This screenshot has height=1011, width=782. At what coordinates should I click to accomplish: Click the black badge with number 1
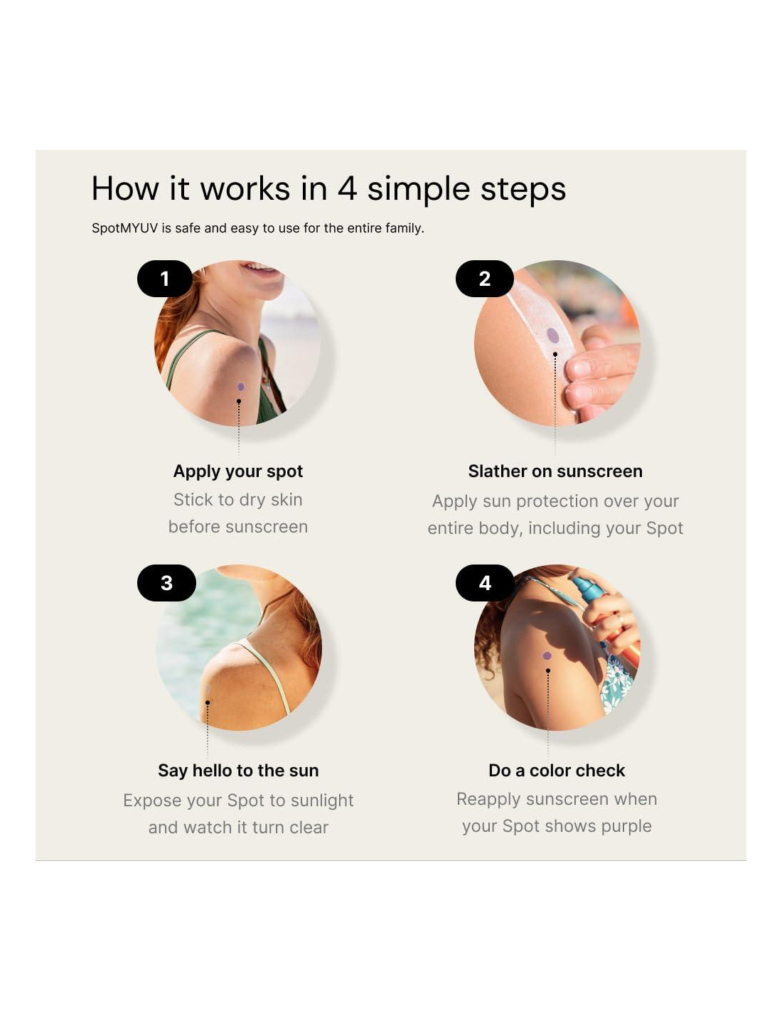tap(165, 278)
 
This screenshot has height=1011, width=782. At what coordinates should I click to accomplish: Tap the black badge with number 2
tap(484, 278)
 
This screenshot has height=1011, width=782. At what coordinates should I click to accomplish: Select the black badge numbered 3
tap(166, 582)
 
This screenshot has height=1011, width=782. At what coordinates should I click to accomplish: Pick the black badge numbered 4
tap(485, 582)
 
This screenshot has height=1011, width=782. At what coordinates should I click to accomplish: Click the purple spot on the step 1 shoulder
tap(240, 387)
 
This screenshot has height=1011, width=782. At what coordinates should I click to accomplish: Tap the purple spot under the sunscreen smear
tap(552, 335)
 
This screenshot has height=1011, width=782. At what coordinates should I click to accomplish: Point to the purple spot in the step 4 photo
tap(547, 656)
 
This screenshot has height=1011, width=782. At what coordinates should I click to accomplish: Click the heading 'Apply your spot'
tap(237, 472)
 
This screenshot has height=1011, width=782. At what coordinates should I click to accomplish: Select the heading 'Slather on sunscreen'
tap(555, 471)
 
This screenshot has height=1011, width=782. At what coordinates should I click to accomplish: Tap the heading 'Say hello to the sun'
tap(238, 771)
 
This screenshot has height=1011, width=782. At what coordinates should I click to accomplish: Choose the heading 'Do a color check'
tap(557, 771)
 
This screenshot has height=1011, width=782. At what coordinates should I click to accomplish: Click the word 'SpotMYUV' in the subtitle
tap(124, 228)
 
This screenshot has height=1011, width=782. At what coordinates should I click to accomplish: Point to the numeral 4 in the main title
tap(347, 189)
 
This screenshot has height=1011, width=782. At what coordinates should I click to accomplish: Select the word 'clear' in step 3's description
tap(309, 828)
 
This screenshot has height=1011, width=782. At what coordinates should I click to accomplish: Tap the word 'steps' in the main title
tap(523, 190)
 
